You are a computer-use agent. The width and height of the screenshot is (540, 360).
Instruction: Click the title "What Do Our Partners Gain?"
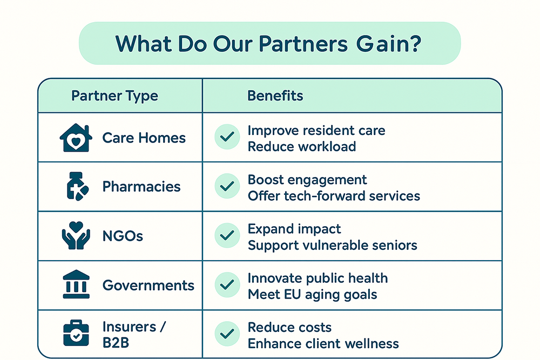(x=268, y=44)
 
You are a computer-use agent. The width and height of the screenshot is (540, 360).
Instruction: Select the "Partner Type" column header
(x=114, y=96)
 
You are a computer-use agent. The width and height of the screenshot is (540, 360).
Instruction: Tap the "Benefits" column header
(x=275, y=96)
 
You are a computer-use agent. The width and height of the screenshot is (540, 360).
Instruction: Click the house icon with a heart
(x=76, y=138)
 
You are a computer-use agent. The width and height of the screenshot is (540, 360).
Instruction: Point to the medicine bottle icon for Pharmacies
(x=77, y=187)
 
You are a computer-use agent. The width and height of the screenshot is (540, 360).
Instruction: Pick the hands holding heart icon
(x=76, y=235)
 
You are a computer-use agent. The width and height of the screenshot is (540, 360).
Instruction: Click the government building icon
(x=76, y=284)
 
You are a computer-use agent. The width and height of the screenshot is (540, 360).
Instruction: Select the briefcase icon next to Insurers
(x=76, y=333)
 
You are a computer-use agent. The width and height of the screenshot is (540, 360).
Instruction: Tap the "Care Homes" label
(x=144, y=138)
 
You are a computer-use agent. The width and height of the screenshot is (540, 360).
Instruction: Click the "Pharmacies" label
(x=141, y=187)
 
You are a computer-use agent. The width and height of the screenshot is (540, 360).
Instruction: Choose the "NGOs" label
(x=123, y=236)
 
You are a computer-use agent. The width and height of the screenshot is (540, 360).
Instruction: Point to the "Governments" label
(x=148, y=286)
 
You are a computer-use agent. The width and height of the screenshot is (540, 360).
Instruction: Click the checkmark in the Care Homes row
(x=227, y=137)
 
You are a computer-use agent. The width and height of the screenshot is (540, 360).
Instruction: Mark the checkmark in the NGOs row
(x=227, y=235)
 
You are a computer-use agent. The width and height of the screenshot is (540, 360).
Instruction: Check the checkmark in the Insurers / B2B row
(x=227, y=334)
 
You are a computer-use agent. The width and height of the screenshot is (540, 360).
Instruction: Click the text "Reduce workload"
(x=302, y=147)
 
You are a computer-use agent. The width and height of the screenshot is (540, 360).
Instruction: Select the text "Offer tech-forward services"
(x=334, y=196)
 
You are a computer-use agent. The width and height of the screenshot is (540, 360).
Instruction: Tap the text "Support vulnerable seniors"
(x=332, y=246)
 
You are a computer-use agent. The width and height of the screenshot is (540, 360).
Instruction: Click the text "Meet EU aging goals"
(x=312, y=295)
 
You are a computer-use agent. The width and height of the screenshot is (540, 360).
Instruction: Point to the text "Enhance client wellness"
(x=323, y=343)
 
